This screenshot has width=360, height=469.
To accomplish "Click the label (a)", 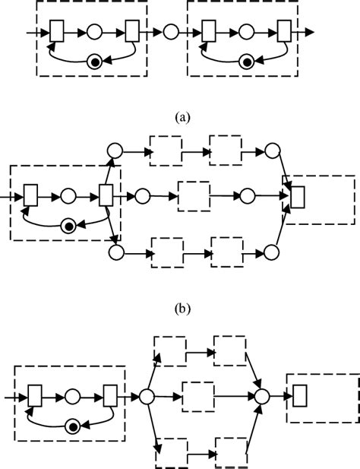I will pyautogui.click(x=180, y=118).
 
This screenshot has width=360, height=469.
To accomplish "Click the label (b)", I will pyautogui.click(x=180, y=309).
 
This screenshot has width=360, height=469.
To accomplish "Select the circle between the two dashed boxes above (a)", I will pyautogui.click(x=171, y=33).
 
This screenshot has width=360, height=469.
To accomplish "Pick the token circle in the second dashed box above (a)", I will pyautogui.click(x=246, y=62).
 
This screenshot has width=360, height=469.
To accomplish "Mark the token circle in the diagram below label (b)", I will pyautogui.click(x=73, y=426).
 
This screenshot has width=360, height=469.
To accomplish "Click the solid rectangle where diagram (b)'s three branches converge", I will pyautogui.click(x=298, y=196).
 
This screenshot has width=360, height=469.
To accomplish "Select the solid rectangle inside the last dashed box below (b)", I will pyautogui.click(x=299, y=397).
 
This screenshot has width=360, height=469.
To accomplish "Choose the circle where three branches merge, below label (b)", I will pyautogui.click(x=262, y=397).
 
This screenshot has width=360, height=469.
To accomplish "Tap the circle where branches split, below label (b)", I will pyautogui.click(x=147, y=397).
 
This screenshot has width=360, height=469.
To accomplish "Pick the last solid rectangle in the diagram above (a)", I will pyautogui.click(x=284, y=33).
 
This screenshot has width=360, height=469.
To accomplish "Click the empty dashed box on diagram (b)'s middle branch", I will pyautogui.click(x=193, y=196).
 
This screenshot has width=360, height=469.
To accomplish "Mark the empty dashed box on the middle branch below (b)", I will pyautogui.click(x=197, y=397).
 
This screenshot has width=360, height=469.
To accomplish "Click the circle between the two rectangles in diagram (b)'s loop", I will pyautogui.click(x=68, y=196).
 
